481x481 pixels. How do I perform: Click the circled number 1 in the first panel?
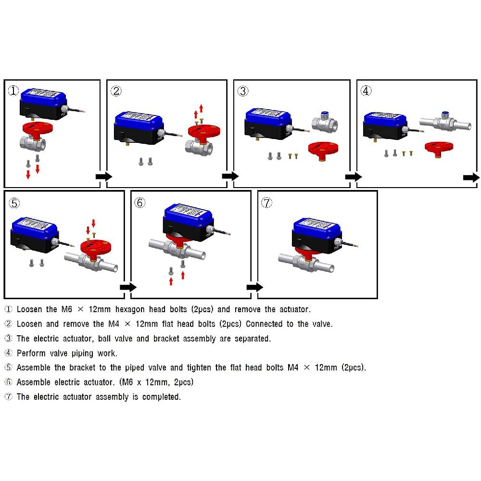click(13, 91)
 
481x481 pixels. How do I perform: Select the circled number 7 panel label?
click(266, 203)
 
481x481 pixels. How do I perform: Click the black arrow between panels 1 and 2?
click(103, 177)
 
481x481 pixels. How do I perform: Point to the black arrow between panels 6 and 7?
click(255, 287)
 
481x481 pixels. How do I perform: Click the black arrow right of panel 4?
click(471, 177)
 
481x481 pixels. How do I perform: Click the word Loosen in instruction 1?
click(29, 309)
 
